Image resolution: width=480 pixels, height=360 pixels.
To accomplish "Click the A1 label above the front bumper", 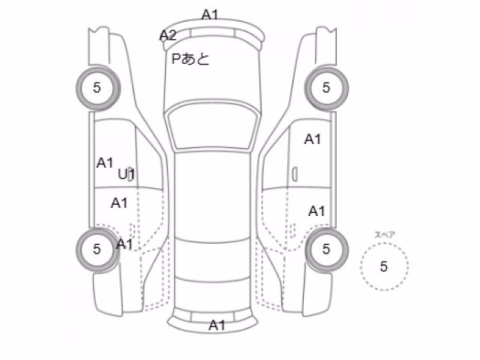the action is [x=210, y=14].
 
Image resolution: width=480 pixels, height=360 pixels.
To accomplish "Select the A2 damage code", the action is [x=168, y=35].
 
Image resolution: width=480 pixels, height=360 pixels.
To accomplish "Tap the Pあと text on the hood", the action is [x=190, y=58].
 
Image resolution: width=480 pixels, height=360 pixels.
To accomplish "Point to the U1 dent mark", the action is [x=126, y=174].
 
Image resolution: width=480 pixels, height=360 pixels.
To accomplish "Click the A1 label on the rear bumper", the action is [x=217, y=325].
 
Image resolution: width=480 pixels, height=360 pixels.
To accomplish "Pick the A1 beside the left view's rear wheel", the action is [x=124, y=244].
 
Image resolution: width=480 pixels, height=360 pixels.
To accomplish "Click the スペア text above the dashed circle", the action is [x=385, y=235].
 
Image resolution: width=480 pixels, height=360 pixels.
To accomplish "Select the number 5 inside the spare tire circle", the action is [x=383, y=267].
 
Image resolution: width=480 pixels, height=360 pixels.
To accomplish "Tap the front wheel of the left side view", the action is [x=97, y=88].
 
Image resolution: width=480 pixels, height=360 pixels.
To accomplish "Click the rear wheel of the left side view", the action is [x=97, y=250].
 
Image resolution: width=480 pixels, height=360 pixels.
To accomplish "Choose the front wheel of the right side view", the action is [x=326, y=88].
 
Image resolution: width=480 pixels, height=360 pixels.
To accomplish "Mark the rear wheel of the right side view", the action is [x=326, y=250].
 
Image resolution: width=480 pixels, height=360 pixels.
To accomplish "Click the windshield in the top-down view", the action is [x=212, y=127].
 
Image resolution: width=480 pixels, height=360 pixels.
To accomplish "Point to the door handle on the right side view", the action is [x=295, y=174].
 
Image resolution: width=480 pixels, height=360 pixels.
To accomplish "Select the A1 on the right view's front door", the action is [x=313, y=139].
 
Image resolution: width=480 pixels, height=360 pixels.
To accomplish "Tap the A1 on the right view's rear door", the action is [x=316, y=211].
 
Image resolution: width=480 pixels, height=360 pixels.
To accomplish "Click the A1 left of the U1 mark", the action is [x=105, y=163].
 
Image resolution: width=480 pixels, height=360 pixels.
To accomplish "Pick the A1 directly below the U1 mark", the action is [x=119, y=203].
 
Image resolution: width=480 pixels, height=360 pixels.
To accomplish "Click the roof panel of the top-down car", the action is [x=212, y=196].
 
